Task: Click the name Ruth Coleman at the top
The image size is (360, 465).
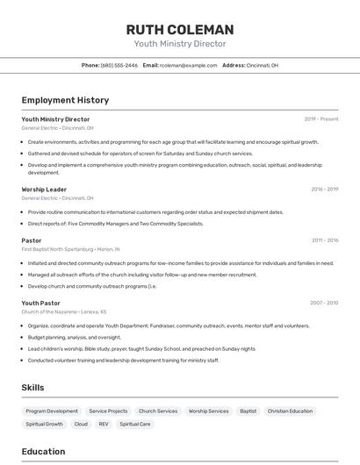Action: pyautogui.click(x=179, y=29)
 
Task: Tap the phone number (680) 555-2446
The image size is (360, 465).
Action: pyautogui.click(x=119, y=65)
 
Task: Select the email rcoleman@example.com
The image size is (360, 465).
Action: pyautogui.click(x=188, y=65)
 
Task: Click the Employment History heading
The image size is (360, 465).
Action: pyautogui.click(x=65, y=100)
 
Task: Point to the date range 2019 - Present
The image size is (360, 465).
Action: pyautogui.click(x=320, y=119)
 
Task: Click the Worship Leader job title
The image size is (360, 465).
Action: pyautogui.click(x=44, y=190)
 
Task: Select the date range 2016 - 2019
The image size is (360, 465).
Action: pyautogui.click(x=324, y=190)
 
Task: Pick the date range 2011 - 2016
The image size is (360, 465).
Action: pyautogui.click(x=324, y=240)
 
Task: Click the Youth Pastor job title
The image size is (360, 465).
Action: pyautogui.click(x=41, y=303)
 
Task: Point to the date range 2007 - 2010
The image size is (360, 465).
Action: pyautogui.click(x=323, y=303)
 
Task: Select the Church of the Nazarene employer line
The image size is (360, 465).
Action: pyautogui.click(x=63, y=311)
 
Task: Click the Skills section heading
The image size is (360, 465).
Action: pyautogui.click(x=33, y=387)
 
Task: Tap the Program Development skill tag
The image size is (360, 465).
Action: pyautogui.click(x=52, y=411)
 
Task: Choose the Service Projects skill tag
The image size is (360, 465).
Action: pyautogui.click(x=108, y=411)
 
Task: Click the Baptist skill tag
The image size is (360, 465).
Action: pyautogui.click(x=248, y=411)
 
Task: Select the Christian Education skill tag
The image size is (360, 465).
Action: pyautogui.click(x=290, y=411)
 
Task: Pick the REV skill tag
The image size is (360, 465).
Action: pyautogui.click(x=104, y=424)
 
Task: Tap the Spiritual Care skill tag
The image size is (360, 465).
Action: pyautogui.click(x=135, y=424)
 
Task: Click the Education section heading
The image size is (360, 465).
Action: pyautogui.click(x=43, y=452)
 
